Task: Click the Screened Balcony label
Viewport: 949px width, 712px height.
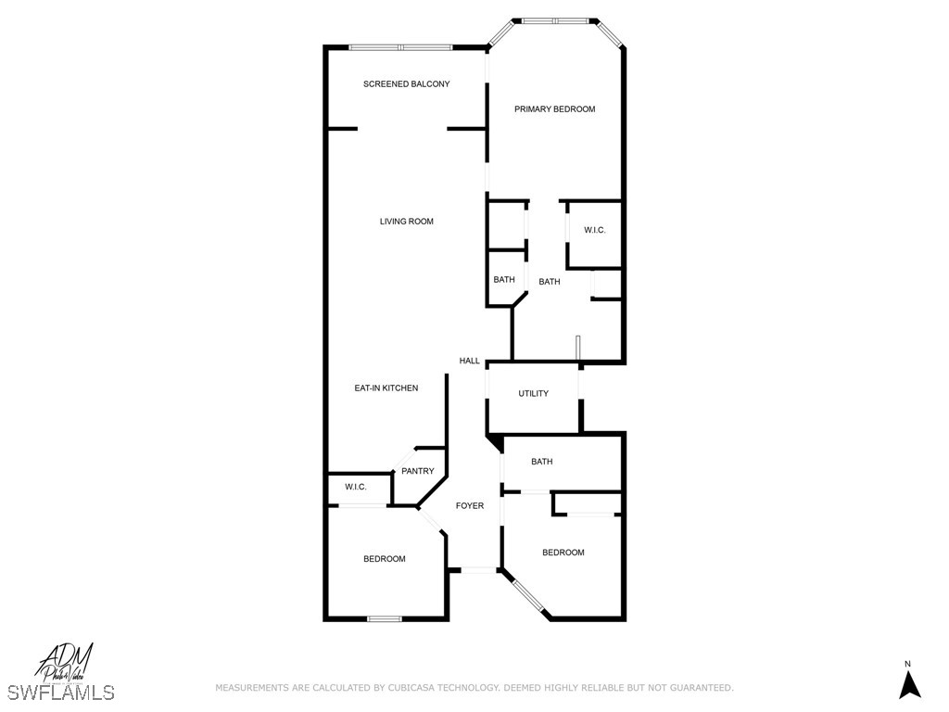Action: [x=406, y=84]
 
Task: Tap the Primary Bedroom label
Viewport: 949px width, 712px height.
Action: [x=554, y=109]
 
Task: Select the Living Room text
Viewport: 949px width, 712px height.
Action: [x=406, y=222]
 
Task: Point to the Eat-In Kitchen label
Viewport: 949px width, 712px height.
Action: [x=386, y=388]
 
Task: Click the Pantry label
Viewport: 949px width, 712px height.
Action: [x=417, y=471]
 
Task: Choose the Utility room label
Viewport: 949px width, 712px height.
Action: [x=533, y=394]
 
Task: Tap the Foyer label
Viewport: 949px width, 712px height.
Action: [x=469, y=506]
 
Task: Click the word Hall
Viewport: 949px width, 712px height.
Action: [x=469, y=361]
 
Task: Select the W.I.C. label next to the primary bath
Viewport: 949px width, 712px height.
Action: [x=594, y=230]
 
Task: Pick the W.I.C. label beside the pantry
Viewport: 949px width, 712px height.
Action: [x=355, y=488]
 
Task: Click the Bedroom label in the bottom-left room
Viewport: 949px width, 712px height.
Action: [x=384, y=559]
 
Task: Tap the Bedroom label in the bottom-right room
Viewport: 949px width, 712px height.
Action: [x=563, y=553]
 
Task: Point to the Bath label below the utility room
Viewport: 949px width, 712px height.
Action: [x=541, y=462]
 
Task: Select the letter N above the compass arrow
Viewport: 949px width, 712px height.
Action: [x=908, y=664]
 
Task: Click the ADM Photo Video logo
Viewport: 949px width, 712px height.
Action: [x=65, y=662]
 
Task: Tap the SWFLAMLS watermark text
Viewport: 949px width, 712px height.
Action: [x=60, y=693]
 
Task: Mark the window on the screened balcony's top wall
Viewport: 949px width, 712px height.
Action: [x=400, y=47]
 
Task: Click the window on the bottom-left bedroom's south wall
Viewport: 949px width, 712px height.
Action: [x=383, y=618]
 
